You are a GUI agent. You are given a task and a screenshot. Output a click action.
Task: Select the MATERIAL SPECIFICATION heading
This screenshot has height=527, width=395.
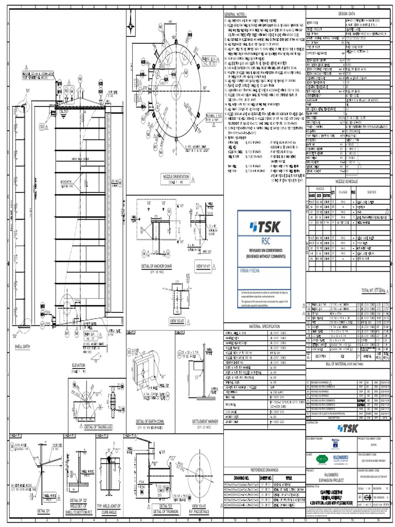264,326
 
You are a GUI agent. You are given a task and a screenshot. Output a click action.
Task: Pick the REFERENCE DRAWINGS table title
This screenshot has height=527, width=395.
264,470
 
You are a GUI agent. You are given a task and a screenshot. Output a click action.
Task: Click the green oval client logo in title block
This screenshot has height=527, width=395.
322,460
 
